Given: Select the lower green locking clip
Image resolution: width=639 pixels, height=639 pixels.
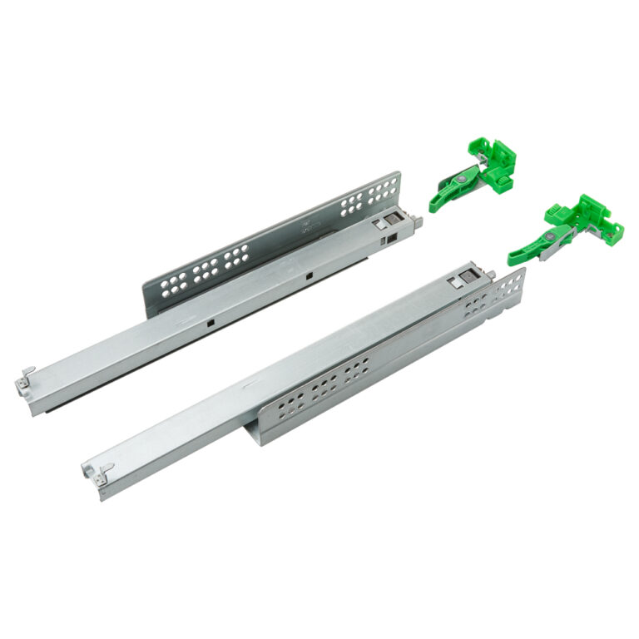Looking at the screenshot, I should tap(566, 228).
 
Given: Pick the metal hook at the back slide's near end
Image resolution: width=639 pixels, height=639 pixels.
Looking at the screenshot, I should tap(27, 378).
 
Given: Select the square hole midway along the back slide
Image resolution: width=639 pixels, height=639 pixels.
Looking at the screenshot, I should tap(308, 275).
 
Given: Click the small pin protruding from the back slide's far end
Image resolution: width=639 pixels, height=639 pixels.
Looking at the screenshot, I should tap(419, 221).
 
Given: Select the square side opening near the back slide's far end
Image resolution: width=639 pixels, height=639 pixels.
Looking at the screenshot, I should tap(389, 240).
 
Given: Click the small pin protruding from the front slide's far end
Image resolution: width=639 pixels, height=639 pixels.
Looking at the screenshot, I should tap(493, 275).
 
